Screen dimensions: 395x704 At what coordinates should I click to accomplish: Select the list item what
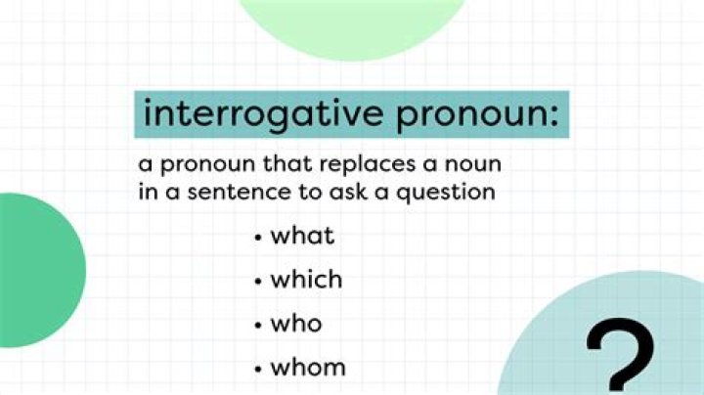tap(302, 236)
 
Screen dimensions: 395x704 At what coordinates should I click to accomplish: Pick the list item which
tap(306, 280)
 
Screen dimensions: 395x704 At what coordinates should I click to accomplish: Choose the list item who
tap(296, 324)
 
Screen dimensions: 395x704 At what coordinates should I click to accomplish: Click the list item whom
tap(308, 368)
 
